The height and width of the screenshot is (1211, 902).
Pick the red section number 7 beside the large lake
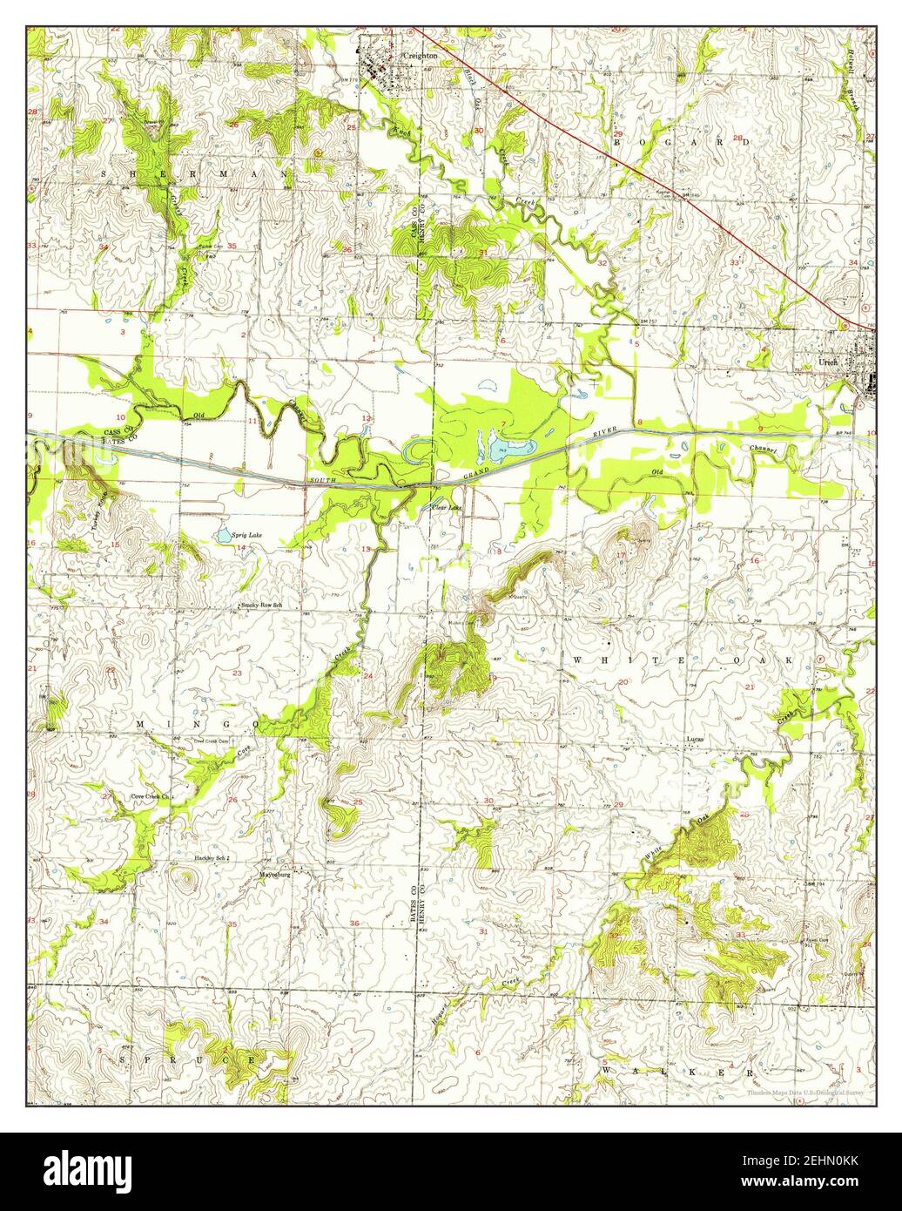[502, 424]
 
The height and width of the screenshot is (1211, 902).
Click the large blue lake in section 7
[508, 449]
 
